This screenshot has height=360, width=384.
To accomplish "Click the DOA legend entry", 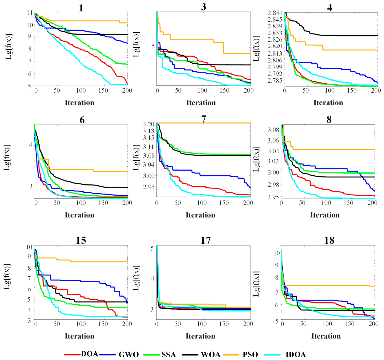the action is (89, 353).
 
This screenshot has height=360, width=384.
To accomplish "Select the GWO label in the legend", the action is (128, 355).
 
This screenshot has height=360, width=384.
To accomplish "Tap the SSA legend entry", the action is (169, 355).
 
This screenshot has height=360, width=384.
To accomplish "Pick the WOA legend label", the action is (211, 355).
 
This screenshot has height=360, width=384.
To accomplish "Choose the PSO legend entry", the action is (250, 355).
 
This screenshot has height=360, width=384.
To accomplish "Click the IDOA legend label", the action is (296, 355).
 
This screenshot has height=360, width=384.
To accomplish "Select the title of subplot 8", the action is (329, 120).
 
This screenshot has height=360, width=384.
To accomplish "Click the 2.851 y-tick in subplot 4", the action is (275, 13).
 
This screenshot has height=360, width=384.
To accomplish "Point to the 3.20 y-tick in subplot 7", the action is (149, 124).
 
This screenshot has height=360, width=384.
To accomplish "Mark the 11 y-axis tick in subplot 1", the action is (30, 13).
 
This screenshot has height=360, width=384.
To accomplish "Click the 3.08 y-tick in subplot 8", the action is (273, 130).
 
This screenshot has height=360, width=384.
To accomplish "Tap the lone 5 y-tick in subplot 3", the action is (153, 46).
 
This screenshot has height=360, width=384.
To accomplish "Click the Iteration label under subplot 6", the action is (79, 215).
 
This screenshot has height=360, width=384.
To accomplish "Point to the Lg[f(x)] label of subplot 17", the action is (136, 278).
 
